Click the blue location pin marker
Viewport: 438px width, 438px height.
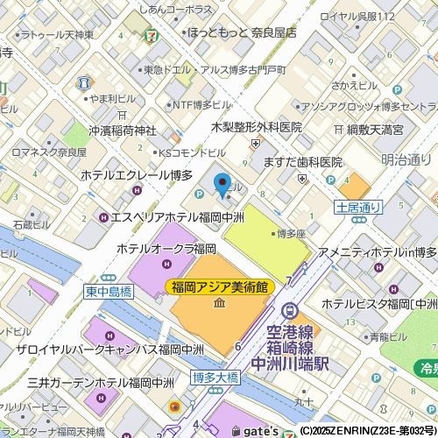tap(223, 185)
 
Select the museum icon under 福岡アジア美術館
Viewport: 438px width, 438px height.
tap(218, 303)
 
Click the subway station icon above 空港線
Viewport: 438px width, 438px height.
tap(287, 309)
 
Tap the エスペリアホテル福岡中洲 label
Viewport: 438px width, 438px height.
tap(175, 216)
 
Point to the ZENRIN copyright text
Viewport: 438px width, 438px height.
tap(367, 431)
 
